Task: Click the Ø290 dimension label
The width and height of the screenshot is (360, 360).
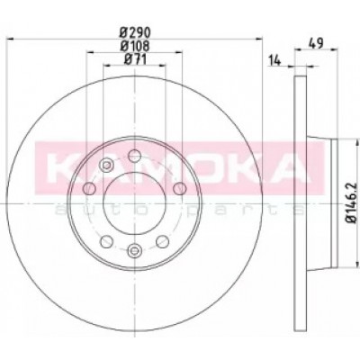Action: point(134,31)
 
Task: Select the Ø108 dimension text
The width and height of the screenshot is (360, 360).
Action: point(134,46)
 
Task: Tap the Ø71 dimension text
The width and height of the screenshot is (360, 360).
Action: point(135,59)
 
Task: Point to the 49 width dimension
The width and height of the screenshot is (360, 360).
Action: point(316,44)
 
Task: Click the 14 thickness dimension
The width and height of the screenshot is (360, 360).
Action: point(274,61)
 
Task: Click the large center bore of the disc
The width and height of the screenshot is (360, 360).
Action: point(134,203)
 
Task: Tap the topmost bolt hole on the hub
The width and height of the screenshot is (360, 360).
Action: point(134,156)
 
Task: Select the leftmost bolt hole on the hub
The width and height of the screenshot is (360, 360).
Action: point(89,188)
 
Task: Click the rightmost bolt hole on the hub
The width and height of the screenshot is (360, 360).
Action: point(180,188)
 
